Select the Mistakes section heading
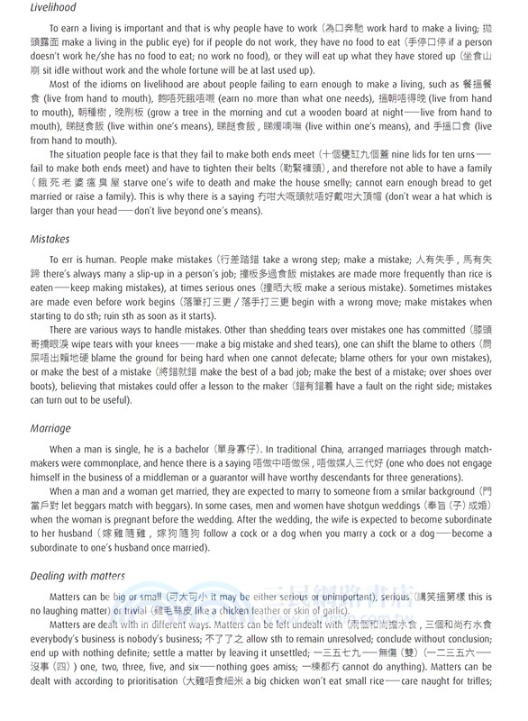[x=50, y=240]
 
